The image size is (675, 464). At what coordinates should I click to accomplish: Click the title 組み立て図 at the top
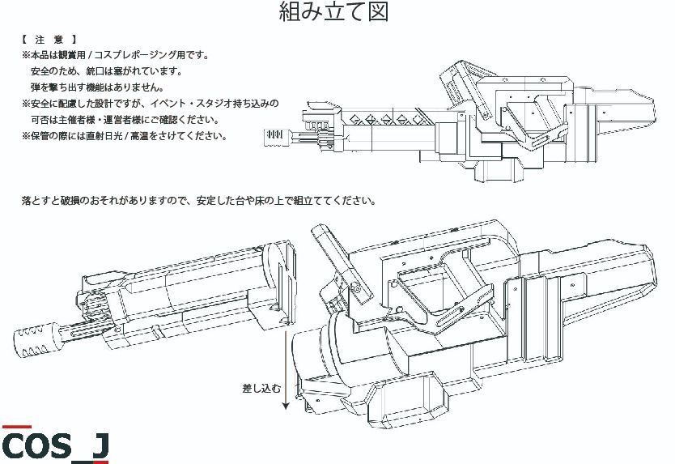tap(334, 12)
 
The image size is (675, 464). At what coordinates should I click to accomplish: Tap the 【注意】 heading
tap(49, 39)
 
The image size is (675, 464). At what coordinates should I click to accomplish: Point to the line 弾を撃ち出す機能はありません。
tap(97, 87)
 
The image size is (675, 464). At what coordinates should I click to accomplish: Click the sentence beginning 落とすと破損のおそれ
tap(199, 200)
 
